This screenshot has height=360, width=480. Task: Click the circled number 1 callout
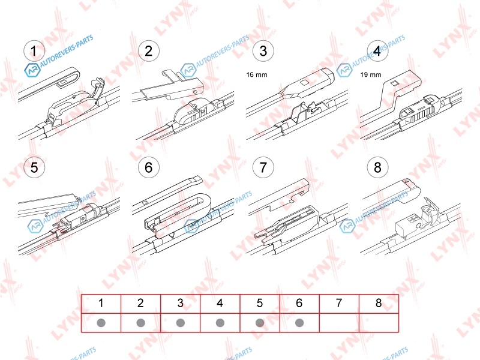tap(34, 50)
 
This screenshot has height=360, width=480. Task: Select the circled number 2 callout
tap(148, 50)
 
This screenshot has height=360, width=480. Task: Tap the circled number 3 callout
tap(263, 50)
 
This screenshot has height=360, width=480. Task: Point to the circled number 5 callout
tap(34, 167)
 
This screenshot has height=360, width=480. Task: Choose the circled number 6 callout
tap(148, 167)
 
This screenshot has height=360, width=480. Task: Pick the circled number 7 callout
tap(263, 167)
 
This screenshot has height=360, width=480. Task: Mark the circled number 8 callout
tap(377, 167)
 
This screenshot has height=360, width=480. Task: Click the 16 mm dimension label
tap(257, 74)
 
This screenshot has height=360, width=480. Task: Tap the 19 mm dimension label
tap(371, 74)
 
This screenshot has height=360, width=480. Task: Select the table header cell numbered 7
tap(339, 304)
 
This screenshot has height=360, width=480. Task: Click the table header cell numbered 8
tap(379, 304)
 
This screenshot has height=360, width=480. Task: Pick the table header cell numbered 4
tap(220, 304)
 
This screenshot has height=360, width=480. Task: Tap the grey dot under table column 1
tap(101, 323)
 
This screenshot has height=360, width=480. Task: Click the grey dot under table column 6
tap(299, 323)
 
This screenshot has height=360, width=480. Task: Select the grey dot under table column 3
tap(181, 323)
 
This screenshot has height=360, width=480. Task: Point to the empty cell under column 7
tap(339, 323)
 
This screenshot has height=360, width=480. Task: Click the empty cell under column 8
tap(379, 323)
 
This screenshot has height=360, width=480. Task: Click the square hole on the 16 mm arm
tap(305, 83)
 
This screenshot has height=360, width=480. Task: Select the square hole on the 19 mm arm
tap(395, 83)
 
